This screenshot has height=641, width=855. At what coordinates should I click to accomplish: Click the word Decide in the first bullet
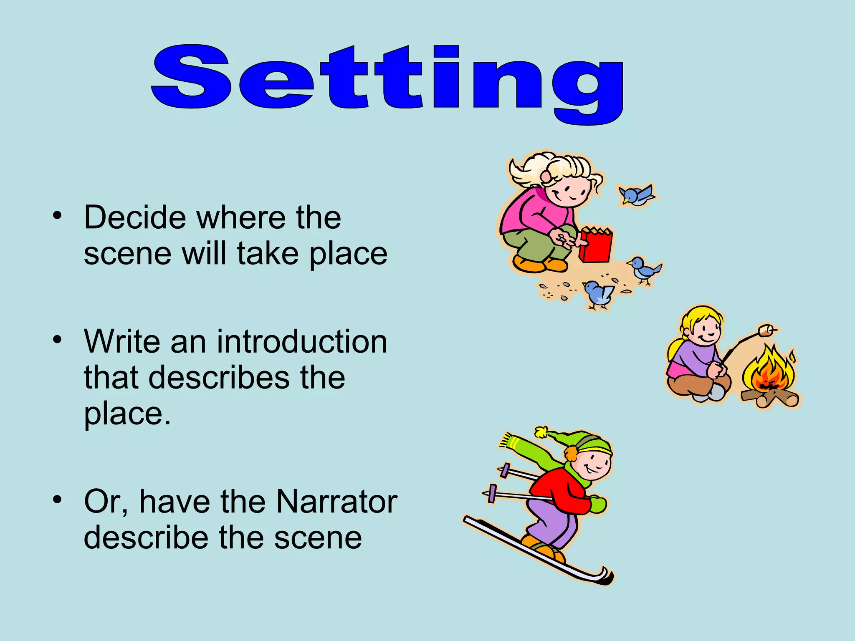(x=134, y=217)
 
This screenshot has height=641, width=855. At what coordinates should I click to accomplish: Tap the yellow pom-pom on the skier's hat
(x=541, y=432)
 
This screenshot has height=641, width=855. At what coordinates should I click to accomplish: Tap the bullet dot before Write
(x=57, y=339)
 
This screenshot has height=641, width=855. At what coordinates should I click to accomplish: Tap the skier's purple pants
(x=551, y=522)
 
